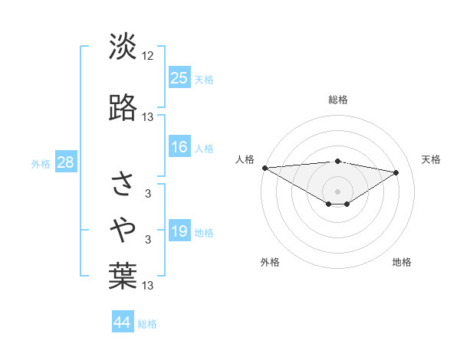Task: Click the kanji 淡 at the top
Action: point(123,47)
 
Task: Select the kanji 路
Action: point(123,108)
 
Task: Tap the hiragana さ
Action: point(123,183)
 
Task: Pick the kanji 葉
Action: point(123,277)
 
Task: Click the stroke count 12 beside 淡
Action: point(148,56)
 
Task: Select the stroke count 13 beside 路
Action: point(148,117)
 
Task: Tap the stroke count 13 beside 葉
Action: point(148,286)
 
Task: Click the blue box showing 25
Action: point(179,78)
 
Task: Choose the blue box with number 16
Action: point(179,148)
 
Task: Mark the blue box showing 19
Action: point(179,232)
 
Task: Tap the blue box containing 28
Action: point(65,162)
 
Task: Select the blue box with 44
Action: point(123,323)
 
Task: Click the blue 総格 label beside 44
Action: point(147,325)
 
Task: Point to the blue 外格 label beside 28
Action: point(41,163)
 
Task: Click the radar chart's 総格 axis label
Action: point(337,100)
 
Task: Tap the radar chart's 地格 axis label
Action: point(402,262)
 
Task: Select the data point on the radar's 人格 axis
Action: point(264,168)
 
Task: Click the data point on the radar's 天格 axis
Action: point(396,172)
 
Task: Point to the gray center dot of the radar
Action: point(337,191)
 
